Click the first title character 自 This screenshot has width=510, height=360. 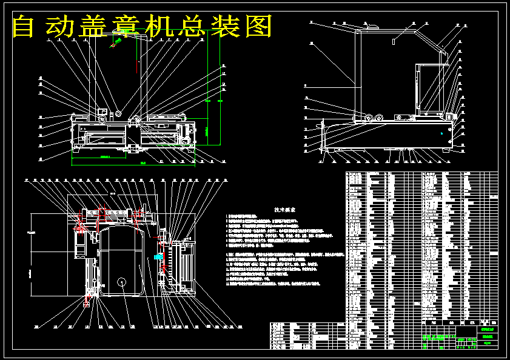tap(24, 26)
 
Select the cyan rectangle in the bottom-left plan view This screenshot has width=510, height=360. tap(159, 256)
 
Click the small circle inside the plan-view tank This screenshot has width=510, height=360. tap(122, 282)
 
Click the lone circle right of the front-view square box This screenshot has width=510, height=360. tap(118, 113)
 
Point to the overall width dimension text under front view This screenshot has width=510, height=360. tap(143, 163)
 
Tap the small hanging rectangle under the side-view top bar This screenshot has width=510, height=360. tap(394, 42)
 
